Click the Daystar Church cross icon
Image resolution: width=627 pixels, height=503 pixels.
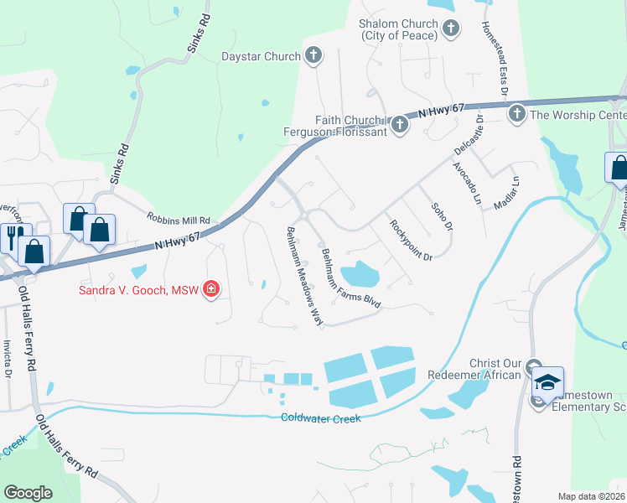[x=313, y=56]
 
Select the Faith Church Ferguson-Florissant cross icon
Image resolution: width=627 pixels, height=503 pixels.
[x=400, y=126]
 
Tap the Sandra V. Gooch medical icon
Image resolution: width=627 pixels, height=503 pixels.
[x=211, y=290]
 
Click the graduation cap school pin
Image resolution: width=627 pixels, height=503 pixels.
[x=548, y=382]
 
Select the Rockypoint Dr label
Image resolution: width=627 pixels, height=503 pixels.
[x=410, y=240]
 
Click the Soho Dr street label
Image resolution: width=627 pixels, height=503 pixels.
[x=442, y=217]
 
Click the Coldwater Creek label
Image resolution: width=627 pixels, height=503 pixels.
[x=321, y=417]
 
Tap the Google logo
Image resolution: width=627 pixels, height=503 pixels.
[x=28, y=493]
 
